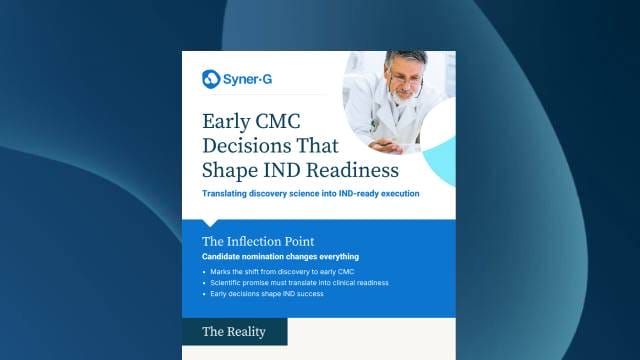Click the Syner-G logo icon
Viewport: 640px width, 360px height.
pos(211,78)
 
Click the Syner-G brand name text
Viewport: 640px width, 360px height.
pos(246,78)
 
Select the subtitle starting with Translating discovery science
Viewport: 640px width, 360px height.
pos(310,193)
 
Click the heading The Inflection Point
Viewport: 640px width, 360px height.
pos(258,241)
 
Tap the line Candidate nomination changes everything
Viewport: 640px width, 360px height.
pos(280,257)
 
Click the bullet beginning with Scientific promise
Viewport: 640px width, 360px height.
pos(298,283)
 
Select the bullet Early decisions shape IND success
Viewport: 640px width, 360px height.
pos(270,294)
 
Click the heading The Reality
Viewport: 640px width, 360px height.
pos(233,331)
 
